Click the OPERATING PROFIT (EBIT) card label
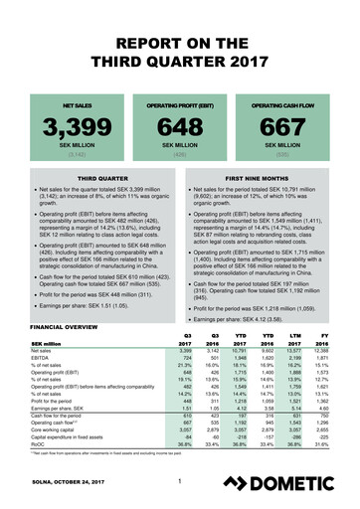pos(180,102)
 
